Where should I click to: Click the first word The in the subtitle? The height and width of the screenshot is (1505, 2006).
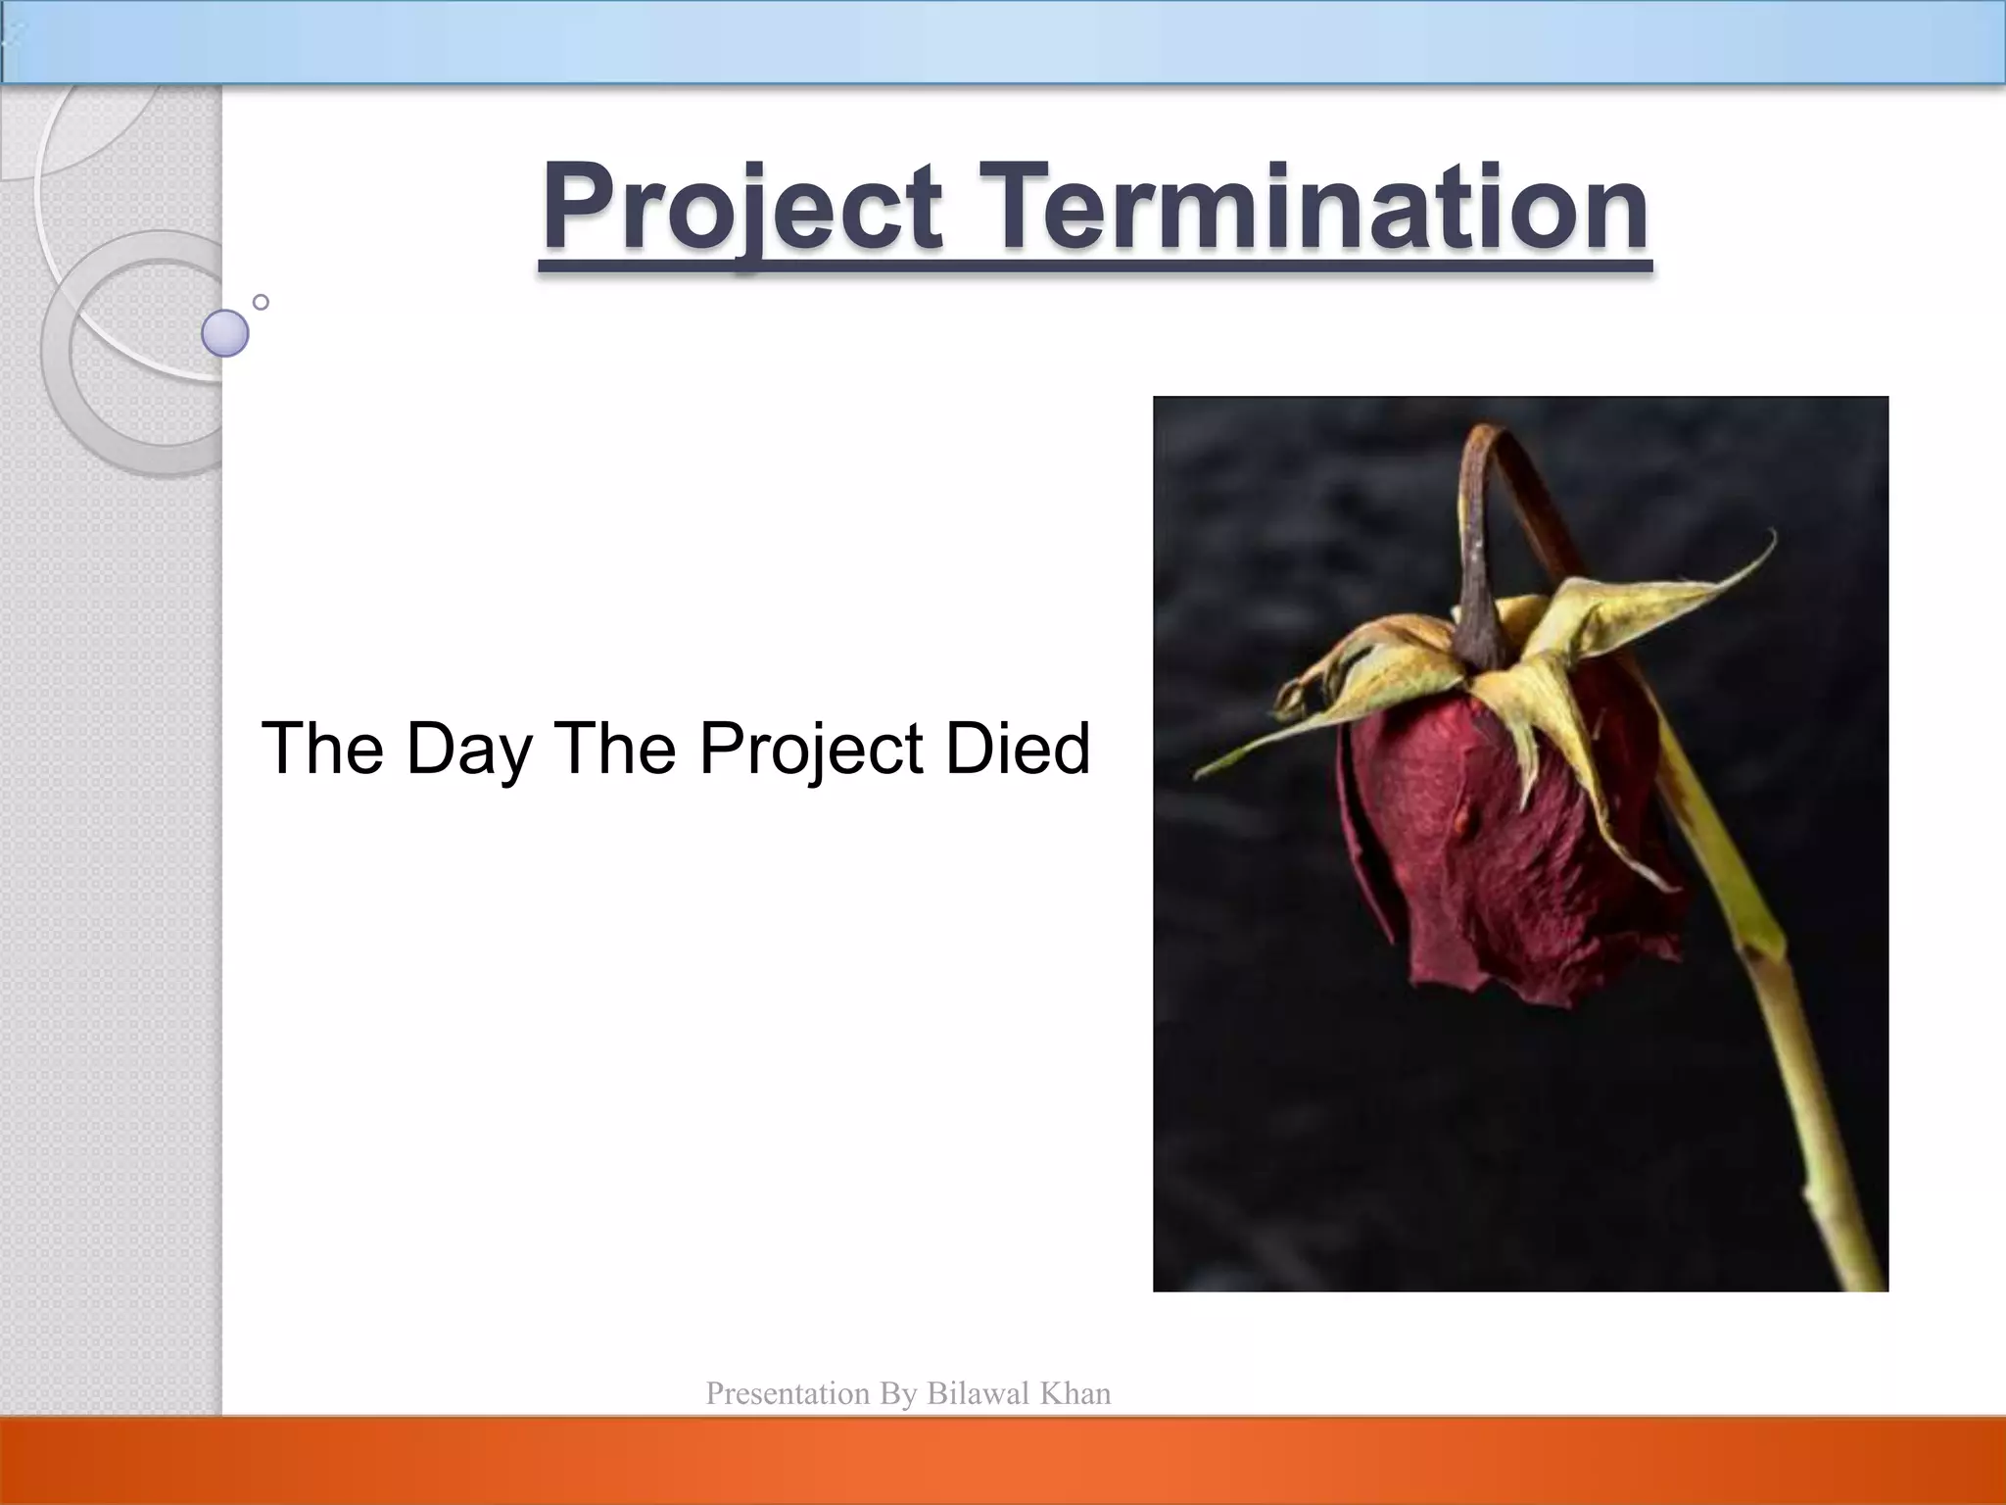click(x=322, y=749)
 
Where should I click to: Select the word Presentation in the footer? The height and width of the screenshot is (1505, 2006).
click(x=788, y=1394)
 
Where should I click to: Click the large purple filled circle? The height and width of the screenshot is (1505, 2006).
click(x=225, y=333)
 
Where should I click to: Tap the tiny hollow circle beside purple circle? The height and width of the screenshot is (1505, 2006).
click(x=261, y=302)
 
